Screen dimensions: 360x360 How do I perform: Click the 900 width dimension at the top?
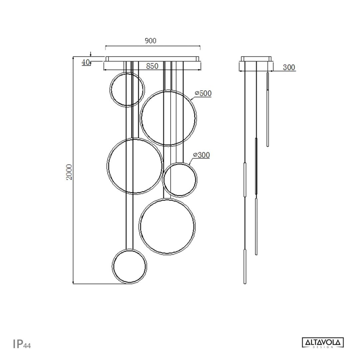(x=150, y=41)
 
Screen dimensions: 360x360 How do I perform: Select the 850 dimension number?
(x=152, y=66)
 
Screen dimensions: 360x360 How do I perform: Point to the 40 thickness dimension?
(x=86, y=62)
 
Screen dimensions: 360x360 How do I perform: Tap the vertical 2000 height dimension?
(x=69, y=172)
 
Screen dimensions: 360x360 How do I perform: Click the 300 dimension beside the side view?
(x=289, y=67)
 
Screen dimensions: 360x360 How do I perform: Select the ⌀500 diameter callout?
(x=203, y=94)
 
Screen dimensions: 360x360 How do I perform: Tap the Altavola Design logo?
(x=323, y=342)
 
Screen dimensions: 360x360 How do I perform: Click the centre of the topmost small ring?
(x=127, y=90)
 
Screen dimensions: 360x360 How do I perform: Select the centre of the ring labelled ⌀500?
(x=168, y=118)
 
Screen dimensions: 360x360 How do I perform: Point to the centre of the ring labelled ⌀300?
(x=179, y=180)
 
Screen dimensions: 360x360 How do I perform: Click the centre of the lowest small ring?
(x=129, y=266)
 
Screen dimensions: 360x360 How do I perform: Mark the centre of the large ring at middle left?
(x=134, y=166)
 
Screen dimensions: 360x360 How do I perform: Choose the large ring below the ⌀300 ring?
(x=167, y=226)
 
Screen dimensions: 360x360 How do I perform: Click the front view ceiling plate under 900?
(x=153, y=59)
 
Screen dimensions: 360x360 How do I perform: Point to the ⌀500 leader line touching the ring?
(x=193, y=99)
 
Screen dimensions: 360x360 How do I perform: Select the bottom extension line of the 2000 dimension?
(x=100, y=284)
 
